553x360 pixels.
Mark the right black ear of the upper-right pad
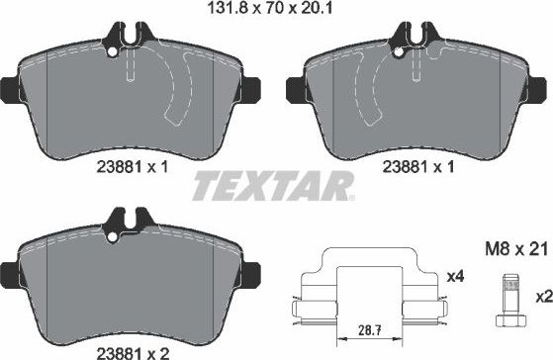click(542, 87)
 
